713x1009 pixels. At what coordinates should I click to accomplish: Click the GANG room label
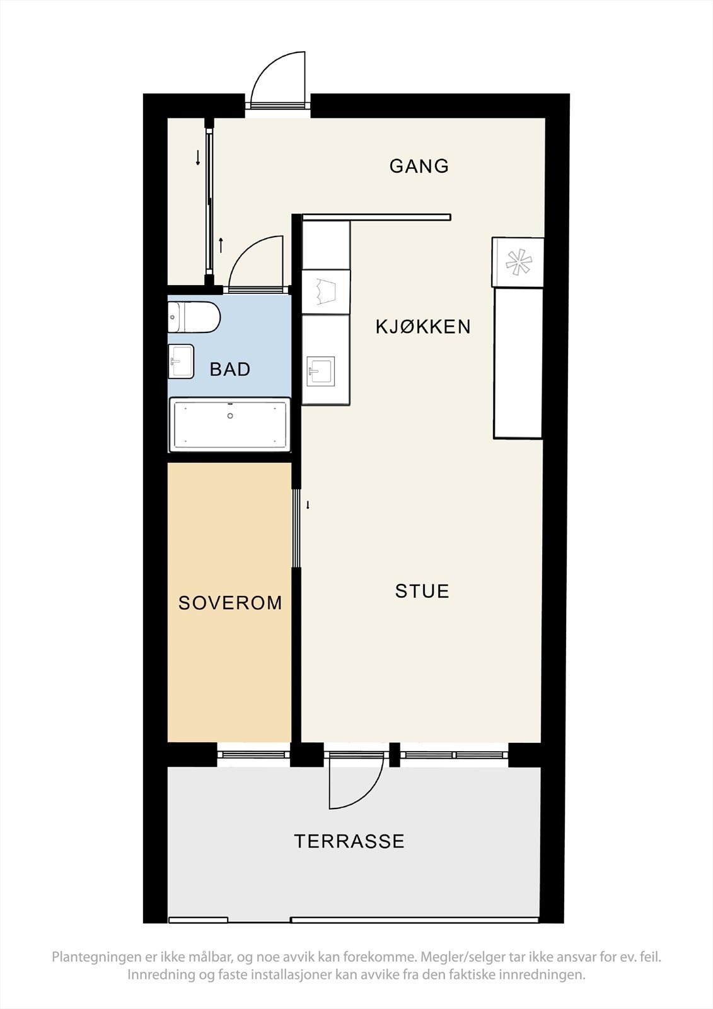tap(419, 166)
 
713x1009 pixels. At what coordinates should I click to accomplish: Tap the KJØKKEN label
tap(423, 327)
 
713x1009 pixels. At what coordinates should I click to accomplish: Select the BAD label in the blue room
tap(229, 370)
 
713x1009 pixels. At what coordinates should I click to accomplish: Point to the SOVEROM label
tap(230, 603)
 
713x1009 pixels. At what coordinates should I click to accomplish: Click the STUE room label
tap(422, 591)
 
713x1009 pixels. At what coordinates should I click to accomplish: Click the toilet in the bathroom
tap(194, 317)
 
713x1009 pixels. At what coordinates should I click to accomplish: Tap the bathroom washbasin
tap(181, 361)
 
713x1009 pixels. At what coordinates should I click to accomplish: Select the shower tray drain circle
tap(230, 416)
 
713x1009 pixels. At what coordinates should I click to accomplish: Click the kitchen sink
tap(321, 371)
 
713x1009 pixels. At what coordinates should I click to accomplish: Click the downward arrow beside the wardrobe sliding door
tap(198, 157)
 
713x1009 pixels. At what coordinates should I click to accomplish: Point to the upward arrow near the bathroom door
tap(221, 245)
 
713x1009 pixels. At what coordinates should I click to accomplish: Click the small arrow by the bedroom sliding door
tap(308, 505)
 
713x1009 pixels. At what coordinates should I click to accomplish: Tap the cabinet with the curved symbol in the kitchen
tap(326, 291)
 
